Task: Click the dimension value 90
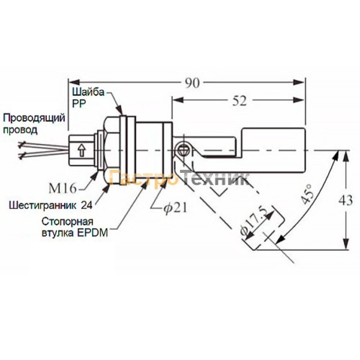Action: [193, 83]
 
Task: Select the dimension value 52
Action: [239, 101]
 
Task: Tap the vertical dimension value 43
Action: [346, 200]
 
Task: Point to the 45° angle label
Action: [307, 194]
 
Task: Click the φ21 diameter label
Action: [175, 208]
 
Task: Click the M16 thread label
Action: [62, 188]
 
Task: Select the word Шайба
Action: [88, 92]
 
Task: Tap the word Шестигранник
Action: [42, 205]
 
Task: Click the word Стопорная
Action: [67, 221]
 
